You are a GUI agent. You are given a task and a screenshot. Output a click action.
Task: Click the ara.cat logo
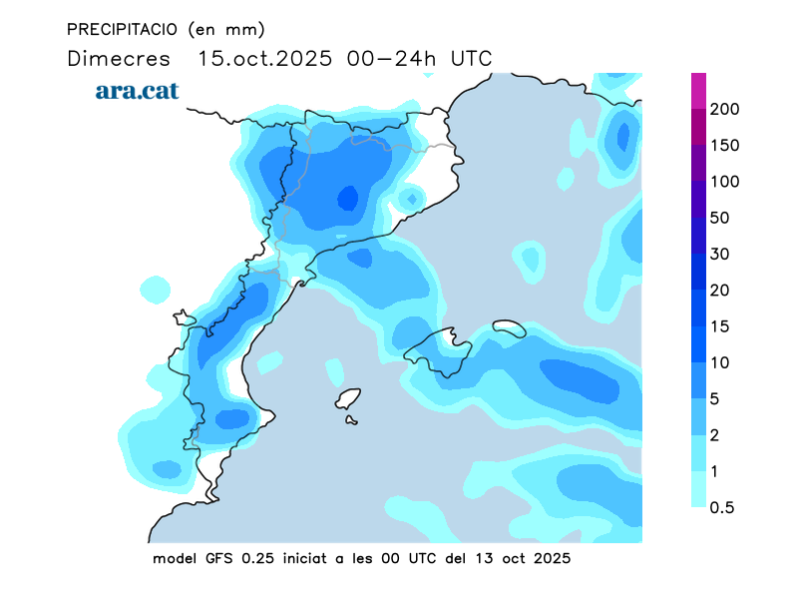pyautogui.click(x=137, y=91)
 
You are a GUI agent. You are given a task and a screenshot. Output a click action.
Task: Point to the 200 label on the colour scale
pyautogui.click(x=725, y=109)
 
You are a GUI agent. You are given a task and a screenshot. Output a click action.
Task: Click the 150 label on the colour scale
pyautogui.click(x=725, y=146)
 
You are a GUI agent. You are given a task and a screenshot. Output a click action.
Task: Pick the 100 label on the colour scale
pyautogui.click(x=725, y=182)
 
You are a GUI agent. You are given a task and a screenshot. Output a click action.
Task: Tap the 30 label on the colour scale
pyautogui.click(x=720, y=254)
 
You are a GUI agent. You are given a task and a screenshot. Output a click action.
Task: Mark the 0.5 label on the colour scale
pyautogui.click(x=722, y=507)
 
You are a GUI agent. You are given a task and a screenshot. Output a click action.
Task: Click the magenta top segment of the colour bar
pyautogui.click(x=699, y=88)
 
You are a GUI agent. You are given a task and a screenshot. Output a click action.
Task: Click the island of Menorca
pyautogui.click(x=509, y=326)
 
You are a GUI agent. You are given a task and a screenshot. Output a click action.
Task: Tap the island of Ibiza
pyautogui.click(x=347, y=399)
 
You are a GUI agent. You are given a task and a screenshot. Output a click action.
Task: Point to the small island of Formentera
pyautogui.click(x=352, y=420)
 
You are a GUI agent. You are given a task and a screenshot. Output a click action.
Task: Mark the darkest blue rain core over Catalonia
pyautogui.click(x=346, y=198)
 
